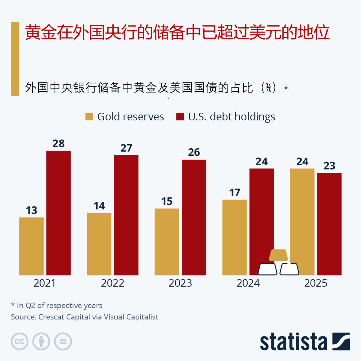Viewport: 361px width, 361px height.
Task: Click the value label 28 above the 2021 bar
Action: (58, 144)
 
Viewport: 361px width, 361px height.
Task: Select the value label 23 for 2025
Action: (329, 166)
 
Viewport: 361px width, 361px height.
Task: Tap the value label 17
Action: (235, 193)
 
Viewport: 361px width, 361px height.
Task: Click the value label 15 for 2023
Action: (167, 201)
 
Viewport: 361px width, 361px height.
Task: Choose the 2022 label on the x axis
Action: (113, 283)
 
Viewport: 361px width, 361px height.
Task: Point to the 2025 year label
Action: (316, 283)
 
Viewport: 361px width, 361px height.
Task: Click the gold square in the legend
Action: (89, 117)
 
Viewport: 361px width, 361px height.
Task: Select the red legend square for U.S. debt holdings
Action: (180, 117)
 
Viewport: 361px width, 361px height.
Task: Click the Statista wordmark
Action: (293, 342)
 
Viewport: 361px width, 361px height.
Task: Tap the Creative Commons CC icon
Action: (19, 342)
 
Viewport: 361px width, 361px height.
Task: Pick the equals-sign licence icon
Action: (63, 342)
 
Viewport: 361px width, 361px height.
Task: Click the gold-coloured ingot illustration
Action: (278, 255)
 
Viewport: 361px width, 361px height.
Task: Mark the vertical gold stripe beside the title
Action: (15, 59)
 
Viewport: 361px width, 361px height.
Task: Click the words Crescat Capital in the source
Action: (64, 317)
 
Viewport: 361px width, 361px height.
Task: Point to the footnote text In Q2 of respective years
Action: (60, 305)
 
